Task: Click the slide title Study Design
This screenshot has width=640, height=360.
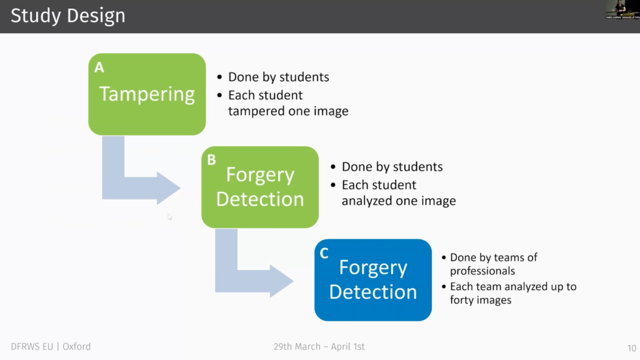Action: coord(67,16)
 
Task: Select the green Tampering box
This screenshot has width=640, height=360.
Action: coord(147,94)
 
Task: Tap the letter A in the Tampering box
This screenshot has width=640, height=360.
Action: coord(99,67)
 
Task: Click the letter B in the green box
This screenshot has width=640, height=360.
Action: coord(211,160)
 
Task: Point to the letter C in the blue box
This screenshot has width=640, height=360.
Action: coord(324,252)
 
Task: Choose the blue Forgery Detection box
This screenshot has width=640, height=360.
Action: coord(372,280)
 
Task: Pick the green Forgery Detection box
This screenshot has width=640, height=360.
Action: coord(259,187)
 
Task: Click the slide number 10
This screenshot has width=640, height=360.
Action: coord(630,347)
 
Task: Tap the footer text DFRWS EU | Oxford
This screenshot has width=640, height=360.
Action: coord(51,346)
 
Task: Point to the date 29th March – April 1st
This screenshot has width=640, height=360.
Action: coord(319,346)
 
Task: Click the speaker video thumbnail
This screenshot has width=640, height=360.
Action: coord(622,9)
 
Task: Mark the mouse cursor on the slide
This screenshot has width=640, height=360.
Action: coord(169,217)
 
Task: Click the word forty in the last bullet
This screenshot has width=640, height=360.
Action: coord(463,300)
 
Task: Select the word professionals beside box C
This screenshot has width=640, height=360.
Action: coord(482,271)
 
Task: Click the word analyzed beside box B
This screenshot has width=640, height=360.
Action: coord(367,201)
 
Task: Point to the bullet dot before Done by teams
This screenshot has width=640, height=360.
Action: coord(443,258)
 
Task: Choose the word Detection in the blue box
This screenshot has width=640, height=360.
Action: coord(372,292)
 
